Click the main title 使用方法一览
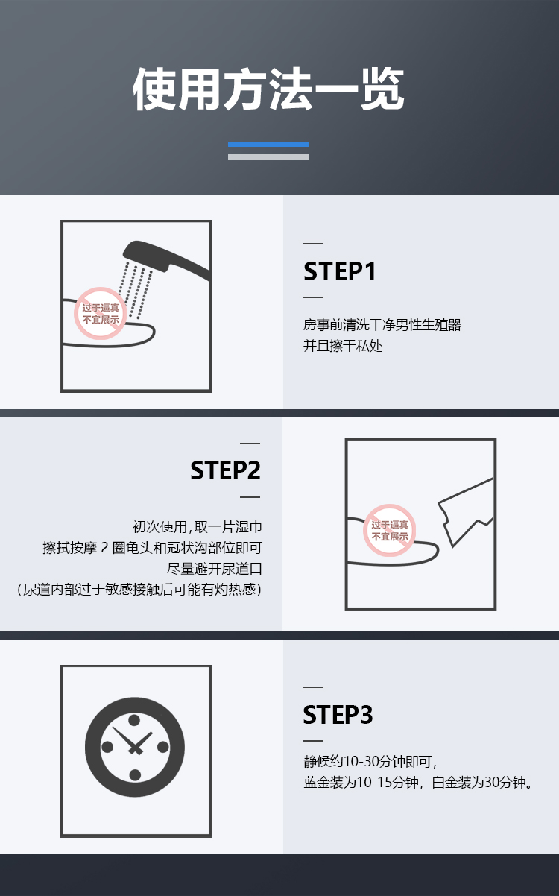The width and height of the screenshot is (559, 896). (268, 89)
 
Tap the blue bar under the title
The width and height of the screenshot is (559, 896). (268, 145)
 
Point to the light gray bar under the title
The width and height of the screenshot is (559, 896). (268, 157)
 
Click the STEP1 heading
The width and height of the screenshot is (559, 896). (339, 271)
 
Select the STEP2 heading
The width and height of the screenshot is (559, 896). (226, 470)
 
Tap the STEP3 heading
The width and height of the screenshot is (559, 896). (338, 715)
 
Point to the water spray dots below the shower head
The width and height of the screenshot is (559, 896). (136, 290)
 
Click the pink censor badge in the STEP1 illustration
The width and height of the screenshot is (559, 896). (101, 314)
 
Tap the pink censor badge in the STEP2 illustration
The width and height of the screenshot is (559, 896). (390, 531)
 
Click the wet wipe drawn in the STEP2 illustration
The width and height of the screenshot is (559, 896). (467, 512)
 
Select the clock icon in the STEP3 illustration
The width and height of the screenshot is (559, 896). (135, 747)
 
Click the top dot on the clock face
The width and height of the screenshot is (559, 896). (134, 720)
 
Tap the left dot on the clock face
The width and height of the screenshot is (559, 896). (107, 747)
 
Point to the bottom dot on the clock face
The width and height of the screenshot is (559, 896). (135, 774)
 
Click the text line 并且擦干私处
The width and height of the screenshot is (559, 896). (343, 346)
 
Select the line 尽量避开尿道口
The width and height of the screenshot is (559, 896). (215, 569)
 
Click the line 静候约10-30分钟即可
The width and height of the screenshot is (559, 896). (370, 761)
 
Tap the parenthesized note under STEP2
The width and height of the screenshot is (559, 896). (139, 589)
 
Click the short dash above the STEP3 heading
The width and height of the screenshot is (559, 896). (313, 687)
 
